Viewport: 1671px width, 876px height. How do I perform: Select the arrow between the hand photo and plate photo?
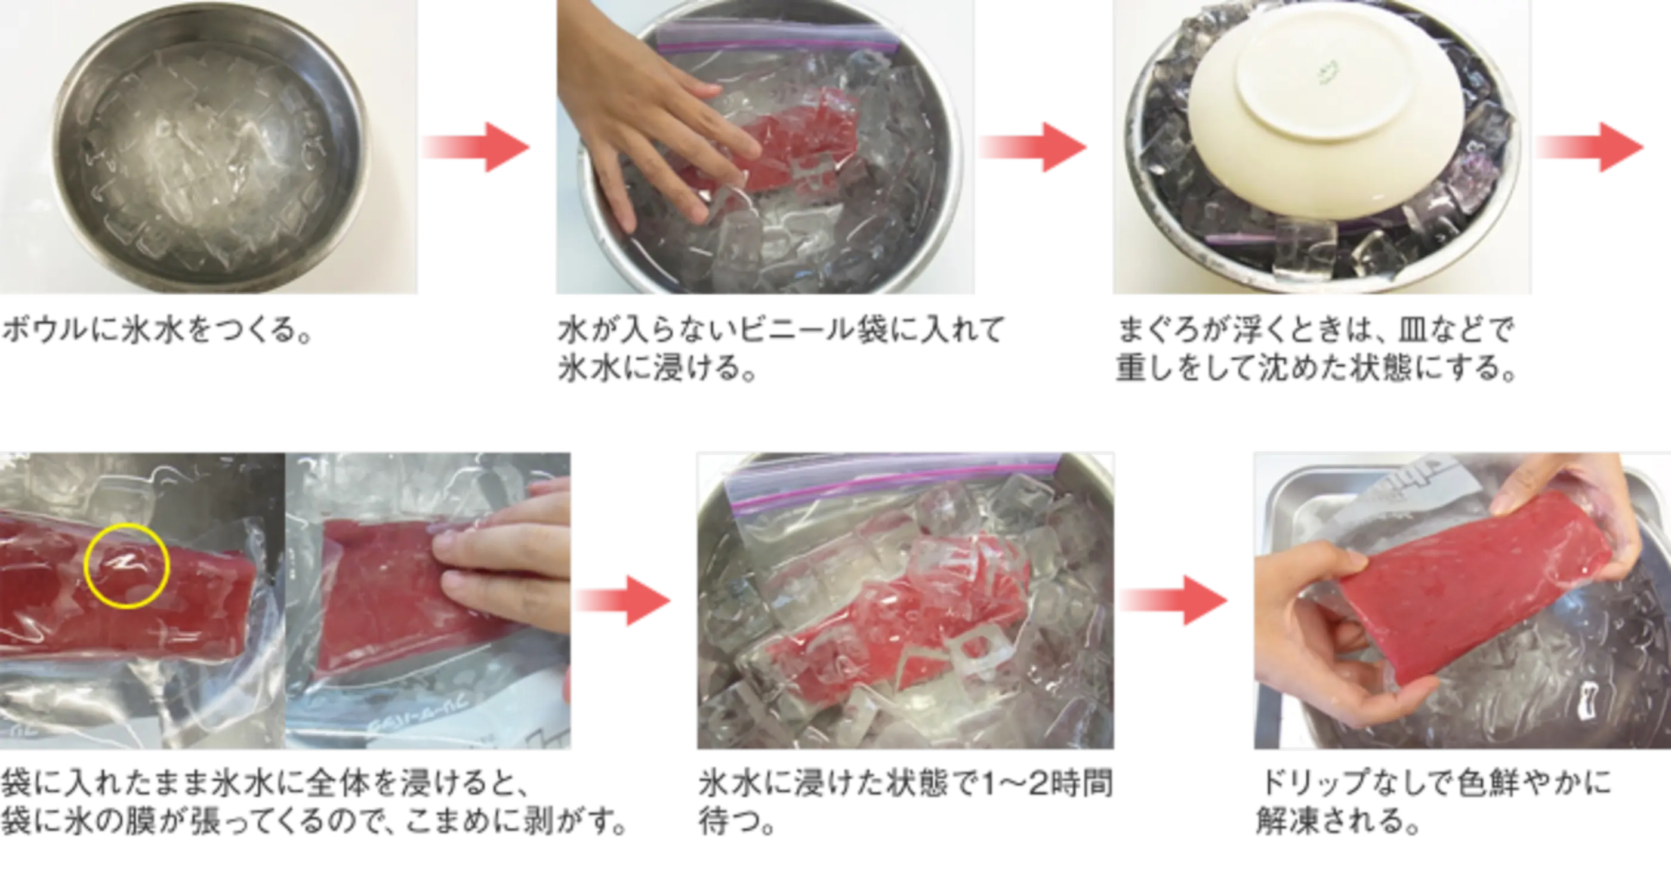[x=1032, y=147]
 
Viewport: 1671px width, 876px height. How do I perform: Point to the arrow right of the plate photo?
[x=1589, y=147]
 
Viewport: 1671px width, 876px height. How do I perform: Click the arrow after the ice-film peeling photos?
[x=622, y=601]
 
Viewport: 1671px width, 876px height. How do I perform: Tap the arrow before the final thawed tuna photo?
[x=1173, y=601]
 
